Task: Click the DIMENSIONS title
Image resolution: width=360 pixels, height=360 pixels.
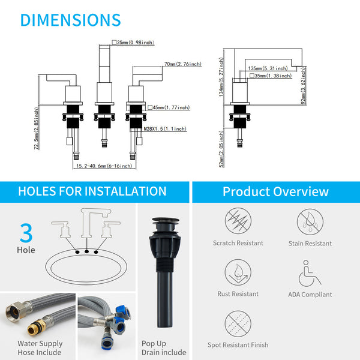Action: [x=70, y=19]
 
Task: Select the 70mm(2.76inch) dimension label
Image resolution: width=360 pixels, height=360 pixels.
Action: [x=182, y=64]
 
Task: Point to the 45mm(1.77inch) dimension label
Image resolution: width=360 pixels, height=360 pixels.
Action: [x=171, y=107]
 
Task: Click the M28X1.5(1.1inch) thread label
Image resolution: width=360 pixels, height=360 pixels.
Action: [x=164, y=129]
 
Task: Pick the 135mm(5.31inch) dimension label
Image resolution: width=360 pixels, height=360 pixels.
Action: [x=269, y=68]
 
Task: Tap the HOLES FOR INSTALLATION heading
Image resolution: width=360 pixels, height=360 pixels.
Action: [x=92, y=191]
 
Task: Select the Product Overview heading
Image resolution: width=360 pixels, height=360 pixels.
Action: [x=275, y=191]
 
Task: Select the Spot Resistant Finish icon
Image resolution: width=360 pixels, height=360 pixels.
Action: [x=238, y=323]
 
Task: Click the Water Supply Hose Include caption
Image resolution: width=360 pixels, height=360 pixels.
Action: [x=40, y=348]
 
